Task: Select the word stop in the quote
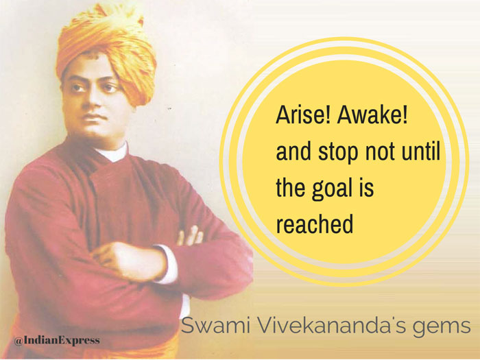coord(338,152)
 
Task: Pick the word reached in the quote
coord(315,224)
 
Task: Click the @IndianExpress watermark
coord(57,340)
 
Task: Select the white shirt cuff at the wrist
coord(168,263)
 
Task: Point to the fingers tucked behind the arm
coord(191,236)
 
